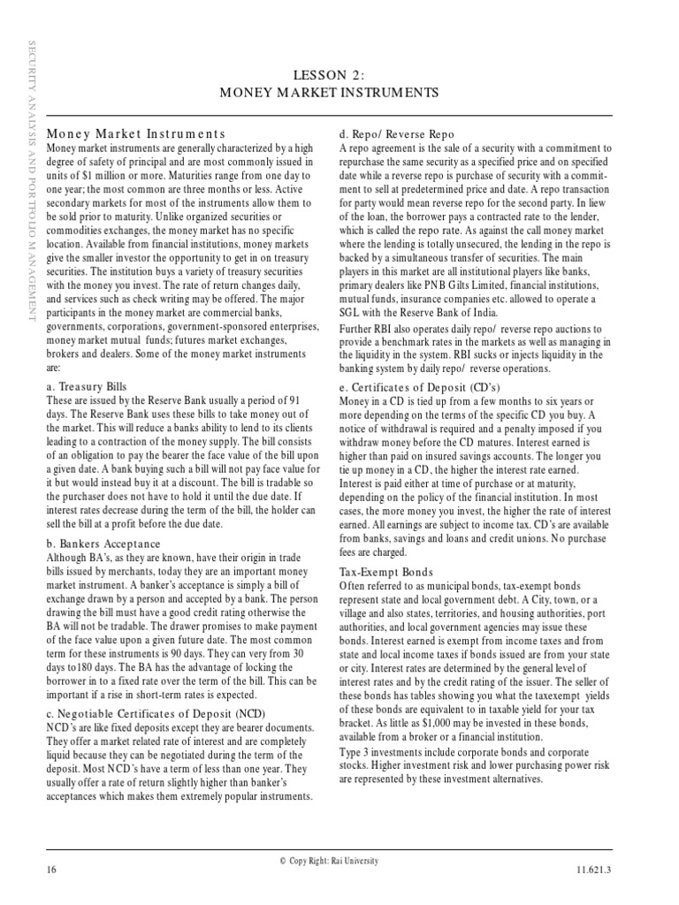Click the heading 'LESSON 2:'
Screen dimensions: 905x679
[339, 75]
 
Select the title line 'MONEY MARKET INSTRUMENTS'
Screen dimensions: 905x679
[339, 92]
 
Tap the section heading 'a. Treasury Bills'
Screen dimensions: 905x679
[86, 387]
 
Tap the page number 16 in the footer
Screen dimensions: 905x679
[51, 871]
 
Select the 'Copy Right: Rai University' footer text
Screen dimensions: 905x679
[340, 860]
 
